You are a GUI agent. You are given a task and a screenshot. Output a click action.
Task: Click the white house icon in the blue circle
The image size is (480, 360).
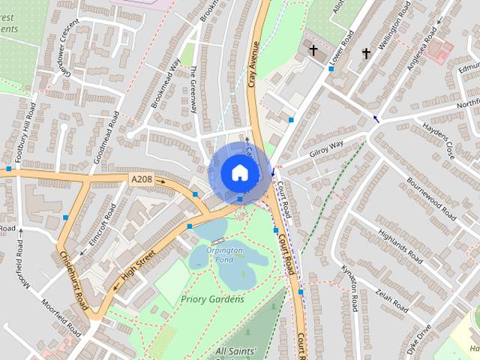(239, 172)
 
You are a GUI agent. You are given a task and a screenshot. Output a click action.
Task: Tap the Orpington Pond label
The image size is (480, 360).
(223, 255)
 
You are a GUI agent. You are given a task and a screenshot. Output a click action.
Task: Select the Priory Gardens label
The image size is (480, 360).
(212, 299)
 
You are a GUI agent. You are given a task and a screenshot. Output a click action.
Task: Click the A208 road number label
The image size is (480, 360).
(142, 180)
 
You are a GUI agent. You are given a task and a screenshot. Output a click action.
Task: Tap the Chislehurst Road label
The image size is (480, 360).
(73, 280)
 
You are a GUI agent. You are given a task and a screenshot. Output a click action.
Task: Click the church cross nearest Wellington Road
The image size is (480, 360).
(366, 53)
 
